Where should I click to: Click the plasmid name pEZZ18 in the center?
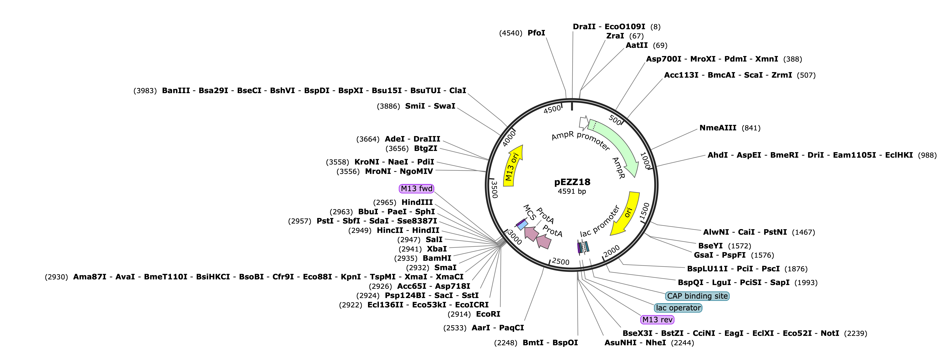pyautogui.click(x=572, y=182)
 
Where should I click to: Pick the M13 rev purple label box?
pyautogui.click(x=657, y=320)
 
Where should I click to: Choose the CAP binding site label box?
pyautogui.click(x=697, y=296)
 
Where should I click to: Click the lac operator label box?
pyautogui.click(x=678, y=308)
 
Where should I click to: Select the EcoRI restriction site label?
pyautogui.click(x=488, y=314)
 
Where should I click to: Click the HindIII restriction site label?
pyautogui.click(x=417, y=202)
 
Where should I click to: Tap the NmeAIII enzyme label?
pyautogui.click(x=718, y=128)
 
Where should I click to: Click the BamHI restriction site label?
pyautogui.click(x=437, y=258)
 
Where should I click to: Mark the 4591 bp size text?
pyautogui.click(x=572, y=191)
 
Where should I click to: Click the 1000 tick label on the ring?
pyautogui.click(x=645, y=160)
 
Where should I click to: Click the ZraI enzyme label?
pyautogui.click(x=615, y=36)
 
